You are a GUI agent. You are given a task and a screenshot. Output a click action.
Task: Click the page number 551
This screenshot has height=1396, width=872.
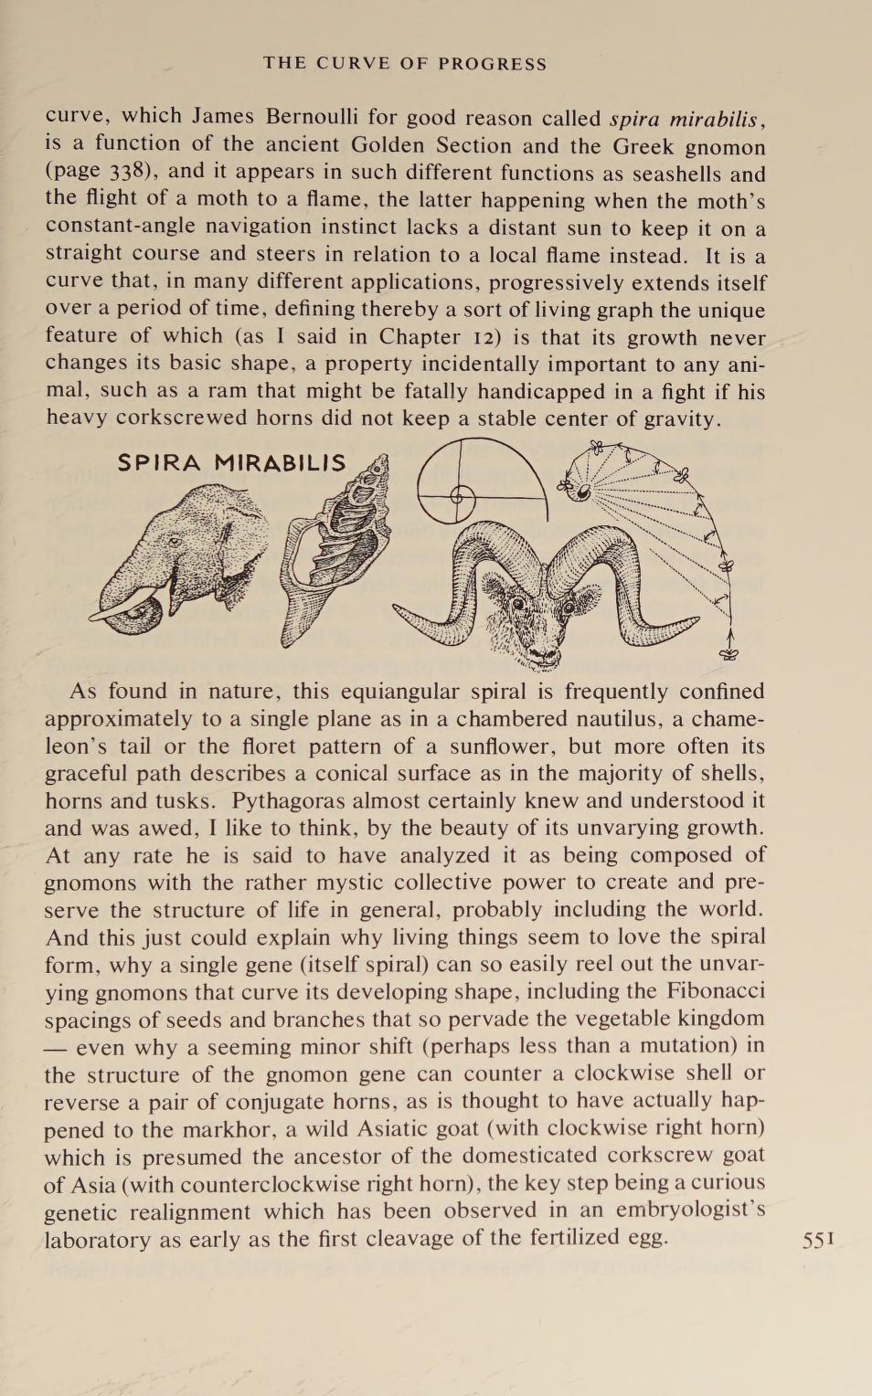tap(818, 1240)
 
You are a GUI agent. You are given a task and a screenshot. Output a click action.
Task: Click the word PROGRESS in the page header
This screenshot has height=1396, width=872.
tap(492, 64)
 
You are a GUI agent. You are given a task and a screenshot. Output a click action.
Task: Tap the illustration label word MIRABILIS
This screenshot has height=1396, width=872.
tap(281, 463)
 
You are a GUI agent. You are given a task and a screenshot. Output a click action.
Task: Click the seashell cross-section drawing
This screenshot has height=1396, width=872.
tap(336, 549)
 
